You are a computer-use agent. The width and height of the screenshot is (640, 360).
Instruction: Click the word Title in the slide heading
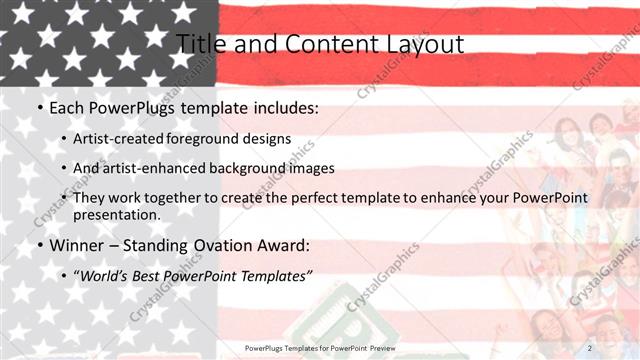coord(201,45)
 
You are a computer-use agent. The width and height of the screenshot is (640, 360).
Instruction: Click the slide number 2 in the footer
coord(589,347)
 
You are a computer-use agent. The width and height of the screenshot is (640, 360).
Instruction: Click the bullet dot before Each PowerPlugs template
coord(39,107)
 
